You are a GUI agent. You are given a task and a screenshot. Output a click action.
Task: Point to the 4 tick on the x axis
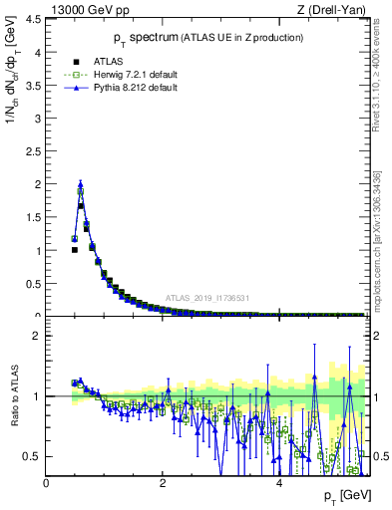click(279, 483)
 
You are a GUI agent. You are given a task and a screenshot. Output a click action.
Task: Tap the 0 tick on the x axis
click(46, 483)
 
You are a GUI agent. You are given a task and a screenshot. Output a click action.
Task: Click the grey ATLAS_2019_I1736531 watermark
click(205, 298)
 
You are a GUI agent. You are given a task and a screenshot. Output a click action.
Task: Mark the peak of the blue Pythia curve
click(81, 183)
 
